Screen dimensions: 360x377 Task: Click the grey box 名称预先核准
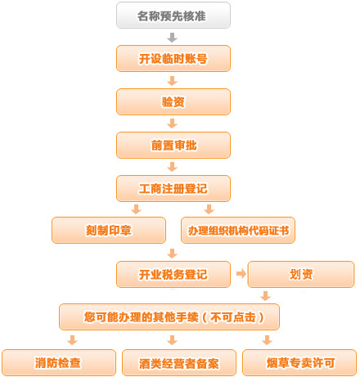click(173, 16)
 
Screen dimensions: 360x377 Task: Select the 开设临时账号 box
click(173, 59)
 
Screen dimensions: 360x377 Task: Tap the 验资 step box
click(173, 102)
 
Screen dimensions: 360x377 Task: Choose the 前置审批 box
click(173, 145)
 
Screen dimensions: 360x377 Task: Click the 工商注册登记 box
click(173, 188)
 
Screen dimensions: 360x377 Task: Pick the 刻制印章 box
click(109, 230)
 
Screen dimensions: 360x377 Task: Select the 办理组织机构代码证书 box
click(238, 230)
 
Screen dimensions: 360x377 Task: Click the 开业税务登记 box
click(173, 274)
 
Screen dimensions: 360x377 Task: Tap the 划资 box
click(301, 274)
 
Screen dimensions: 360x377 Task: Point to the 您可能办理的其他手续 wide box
click(169, 316)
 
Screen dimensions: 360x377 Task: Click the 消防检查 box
click(59, 362)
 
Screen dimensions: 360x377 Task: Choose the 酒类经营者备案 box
click(179, 362)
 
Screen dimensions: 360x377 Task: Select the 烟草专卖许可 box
click(299, 362)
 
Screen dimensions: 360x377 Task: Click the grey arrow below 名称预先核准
click(172, 38)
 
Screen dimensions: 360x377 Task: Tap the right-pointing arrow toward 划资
click(241, 273)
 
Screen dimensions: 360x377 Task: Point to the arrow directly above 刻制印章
click(136, 209)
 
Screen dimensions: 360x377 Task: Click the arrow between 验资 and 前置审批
click(172, 123)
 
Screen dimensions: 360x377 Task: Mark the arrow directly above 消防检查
click(73, 340)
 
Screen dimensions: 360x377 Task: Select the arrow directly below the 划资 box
click(265, 296)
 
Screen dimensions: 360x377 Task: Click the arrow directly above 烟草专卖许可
click(267, 340)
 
